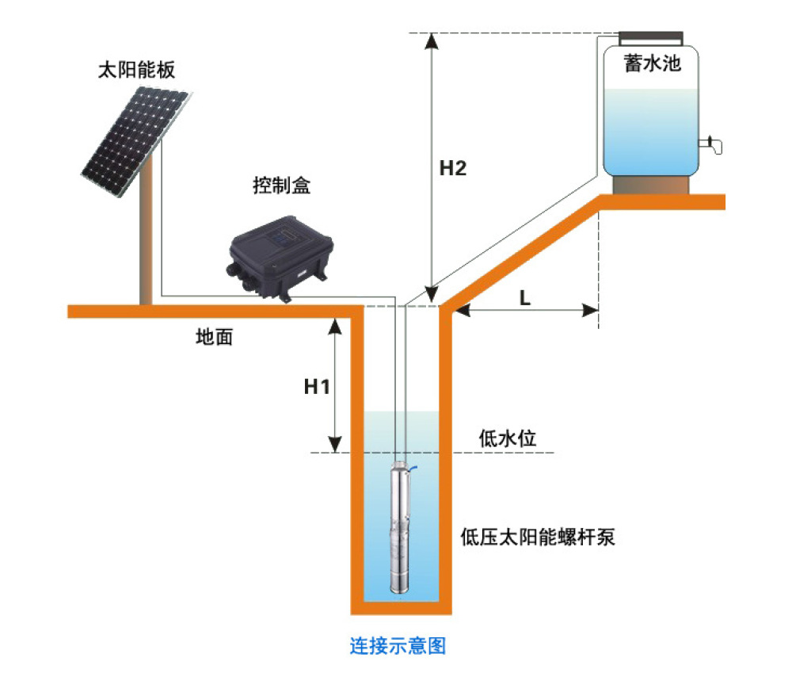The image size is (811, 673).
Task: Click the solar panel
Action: pyautogui.click(x=136, y=141)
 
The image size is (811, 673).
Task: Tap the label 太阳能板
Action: pyautogui.click(x=136, y=70)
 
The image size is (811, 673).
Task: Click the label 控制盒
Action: pyautogui.click(x=281, y=185)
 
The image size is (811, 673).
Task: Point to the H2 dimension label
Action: pyautogui.click(x=452, y=168)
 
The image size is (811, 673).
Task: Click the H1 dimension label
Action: pyautogui.click(x=317, y=386)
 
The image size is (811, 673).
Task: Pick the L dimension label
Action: pyautogui.click(x=524, y=298)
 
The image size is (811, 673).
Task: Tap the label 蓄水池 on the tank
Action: pyautogui.click(x=653, y=63)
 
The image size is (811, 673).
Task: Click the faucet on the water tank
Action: pyautogui.click(x=712, y=144)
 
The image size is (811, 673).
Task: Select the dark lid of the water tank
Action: pyautogui.click(x=651, y=38)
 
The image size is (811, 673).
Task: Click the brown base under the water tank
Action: pyautogui.click(x=651, y=185)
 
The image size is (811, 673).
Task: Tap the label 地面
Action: pyautogui.click(x=214, y=336)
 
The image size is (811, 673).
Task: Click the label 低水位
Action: pyautogui.click(x=507, y=438)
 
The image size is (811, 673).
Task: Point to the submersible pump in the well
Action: pyautogui.click(x=399, y=527)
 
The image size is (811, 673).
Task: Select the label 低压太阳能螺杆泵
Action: pyautogui.click(x=538, y=537)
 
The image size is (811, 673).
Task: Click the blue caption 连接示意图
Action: pyautogui.click(x=398, y=645)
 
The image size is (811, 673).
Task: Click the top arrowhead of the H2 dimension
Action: pyautogui.click(x=432, y=40)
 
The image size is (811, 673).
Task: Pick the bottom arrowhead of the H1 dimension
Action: pyautogui.click(x=335, y=444)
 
